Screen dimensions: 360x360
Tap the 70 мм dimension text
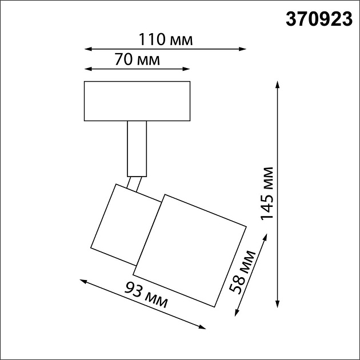point(137,60)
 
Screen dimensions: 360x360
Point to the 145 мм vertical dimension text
point(267,194)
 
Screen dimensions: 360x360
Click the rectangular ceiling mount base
point(137,101)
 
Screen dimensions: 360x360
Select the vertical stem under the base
point(137,148)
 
